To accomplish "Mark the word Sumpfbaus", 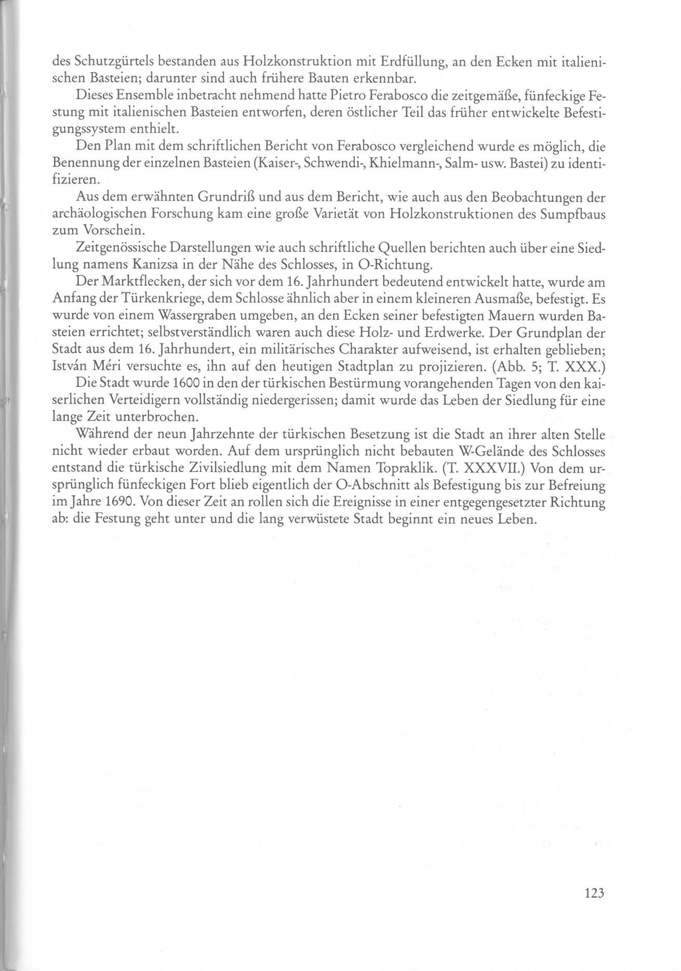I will click(577, 214).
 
